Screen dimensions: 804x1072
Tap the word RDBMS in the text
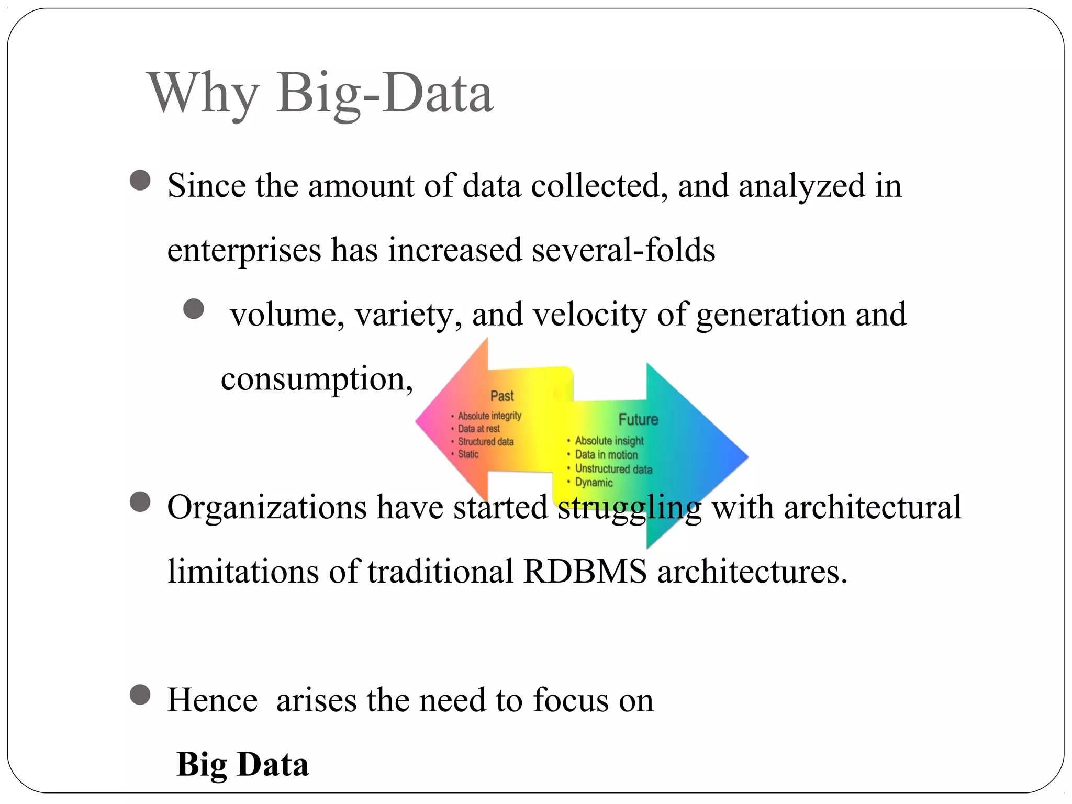pyautogui.click(x=585, y=571)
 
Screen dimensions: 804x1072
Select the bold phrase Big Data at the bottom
pyautogui.click(x=243, y=764)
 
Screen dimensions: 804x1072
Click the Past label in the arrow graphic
pyautogui.click(x=502, y=396)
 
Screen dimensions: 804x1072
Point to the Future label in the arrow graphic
pyautogui.click(x=638, y=419)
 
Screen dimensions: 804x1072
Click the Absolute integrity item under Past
pyautogui.click(x=489, y=416)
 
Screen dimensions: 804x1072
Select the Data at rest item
pyautogui.click(x=478, y=429)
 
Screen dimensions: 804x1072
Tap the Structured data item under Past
pyautogui.click(x=486, y=442)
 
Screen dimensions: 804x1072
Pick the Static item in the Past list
pyautogui.click(x=468, y=454)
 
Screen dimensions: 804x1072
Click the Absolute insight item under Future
pyautogui.click(x=609, y=441)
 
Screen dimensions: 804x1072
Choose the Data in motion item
pyautogui.click(x=606, y=455)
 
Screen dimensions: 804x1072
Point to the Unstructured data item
pyautogui.click(x=613, y=469)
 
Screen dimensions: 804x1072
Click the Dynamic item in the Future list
pyautogui.click(x=594, y=483)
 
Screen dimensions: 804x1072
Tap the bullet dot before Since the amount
pyautogui.click(x=140, y=181)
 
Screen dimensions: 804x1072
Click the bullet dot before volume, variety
pyautogui.click(x=194, y=309)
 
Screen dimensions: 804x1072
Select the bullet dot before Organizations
pyautogui.click(x=140, y=502)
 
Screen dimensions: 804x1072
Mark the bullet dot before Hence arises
pyautogui.click(x=140, y=695)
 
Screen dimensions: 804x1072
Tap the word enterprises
pyautogui.click(x=244, y=250)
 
